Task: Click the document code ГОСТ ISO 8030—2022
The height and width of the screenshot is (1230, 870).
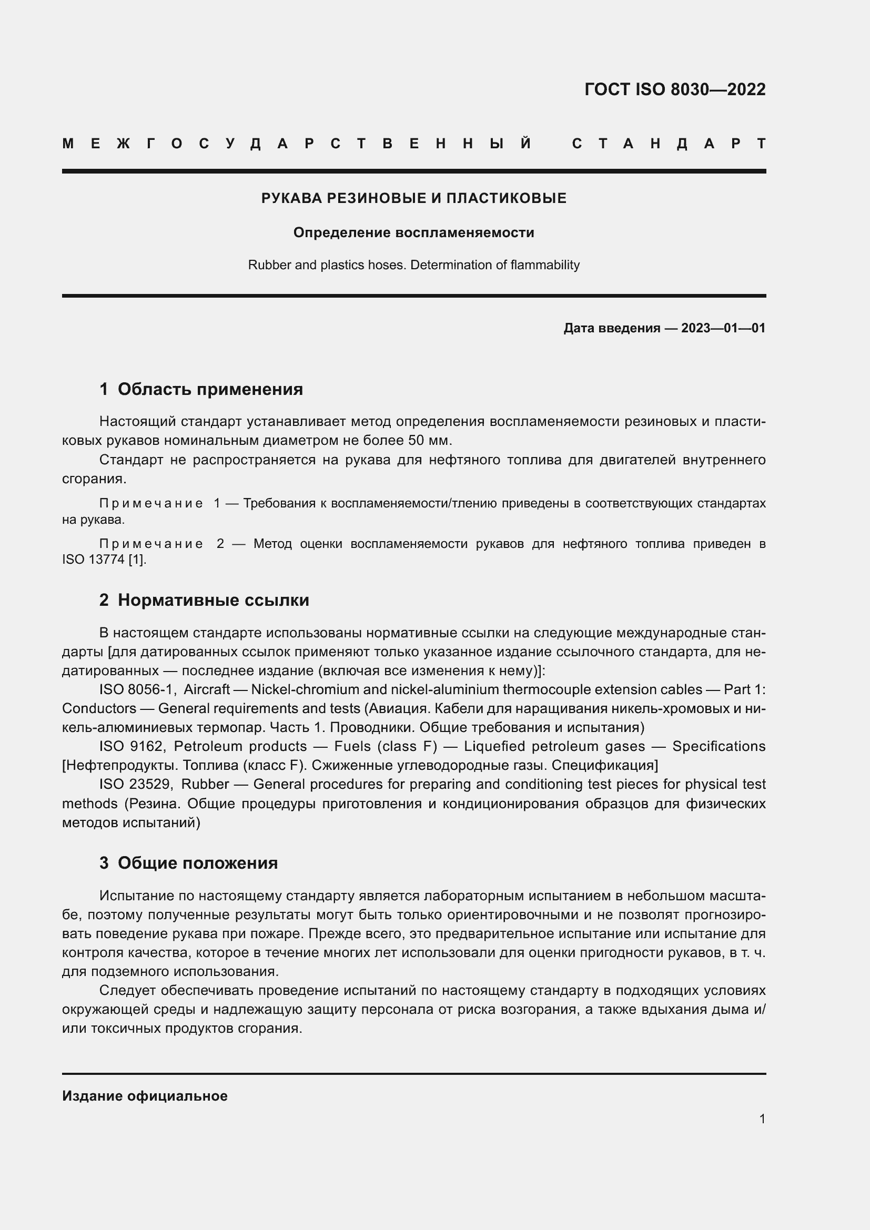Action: (674, 89)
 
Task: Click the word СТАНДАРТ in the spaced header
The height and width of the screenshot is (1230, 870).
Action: (669, 144)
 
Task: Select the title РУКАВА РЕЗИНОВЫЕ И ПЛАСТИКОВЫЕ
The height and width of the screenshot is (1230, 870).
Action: (413, 198)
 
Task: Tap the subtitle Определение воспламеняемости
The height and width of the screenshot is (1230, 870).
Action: (413, 232)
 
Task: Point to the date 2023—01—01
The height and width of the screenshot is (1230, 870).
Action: (723, 328)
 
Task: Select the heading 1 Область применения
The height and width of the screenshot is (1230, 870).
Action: (201, 389)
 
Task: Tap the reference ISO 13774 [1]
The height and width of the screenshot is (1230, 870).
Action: (104, 560)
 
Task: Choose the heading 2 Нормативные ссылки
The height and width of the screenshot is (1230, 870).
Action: (204, 600)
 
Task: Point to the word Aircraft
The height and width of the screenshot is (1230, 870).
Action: (206, 689)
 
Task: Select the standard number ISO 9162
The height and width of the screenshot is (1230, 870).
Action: (133, 746)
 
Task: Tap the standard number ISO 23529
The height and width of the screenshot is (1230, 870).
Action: (136, 784)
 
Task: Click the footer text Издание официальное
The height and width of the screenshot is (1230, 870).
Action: (145, 1096)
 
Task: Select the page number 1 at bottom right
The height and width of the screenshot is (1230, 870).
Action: (762, 1119)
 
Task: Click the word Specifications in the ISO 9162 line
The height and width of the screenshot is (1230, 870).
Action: (719, 746)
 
